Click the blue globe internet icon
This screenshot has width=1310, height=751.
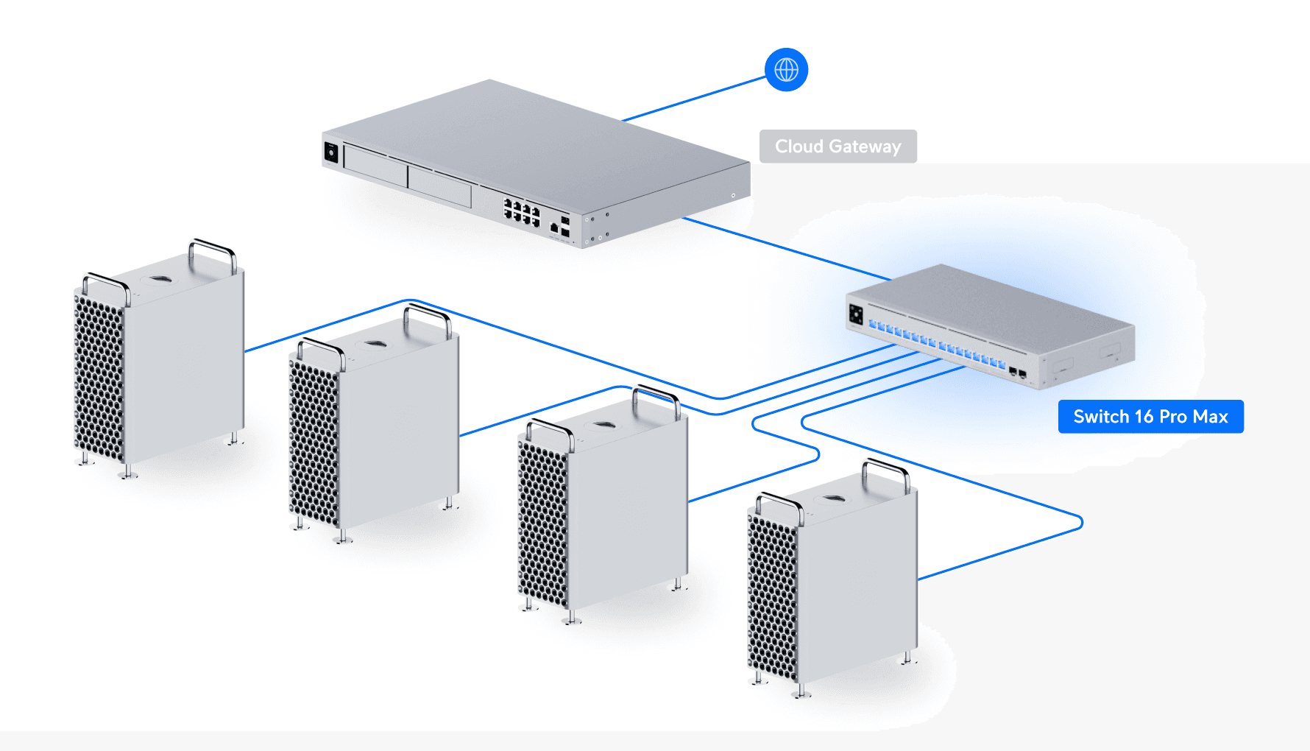pyautogui.click(x=786, y=70)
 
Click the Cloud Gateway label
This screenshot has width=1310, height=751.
pyautogui.click(x=838, y=147)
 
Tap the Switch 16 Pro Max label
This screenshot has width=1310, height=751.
pyautogui.click(x=1150, y=417)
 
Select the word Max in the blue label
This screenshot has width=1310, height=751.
pyautogui.click(x=1211, y=417)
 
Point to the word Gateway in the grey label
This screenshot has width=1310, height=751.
pyautogui.click(x=865, y=147)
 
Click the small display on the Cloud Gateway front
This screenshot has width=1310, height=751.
pyautogui.click(x=331, y=152)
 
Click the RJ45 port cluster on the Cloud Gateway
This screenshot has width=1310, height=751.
pyautogui.click(x=521, y=211)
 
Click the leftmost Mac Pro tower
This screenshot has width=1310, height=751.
pyautogui.click(x=158, y=361)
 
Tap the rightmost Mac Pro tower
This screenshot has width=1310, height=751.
pyautogui.click(x=835, y=582)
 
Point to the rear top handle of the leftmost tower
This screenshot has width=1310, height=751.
pyautogui.click(x=213, y=250)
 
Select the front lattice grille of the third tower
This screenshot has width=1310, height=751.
pyautogui.click(x=543, y=523)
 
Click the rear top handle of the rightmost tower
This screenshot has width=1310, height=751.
pyautogui.click(x=887, y=471)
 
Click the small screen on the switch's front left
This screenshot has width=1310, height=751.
pyautogui.click(x=856, y=314)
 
